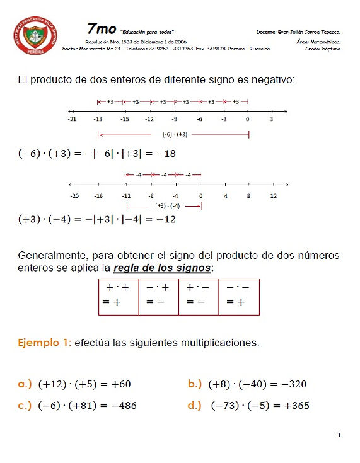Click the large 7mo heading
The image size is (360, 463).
tap(101, 29)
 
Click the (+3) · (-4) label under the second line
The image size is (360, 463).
tap(168, 205)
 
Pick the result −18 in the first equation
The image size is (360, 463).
tap(165, 154)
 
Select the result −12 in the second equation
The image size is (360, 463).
tap(165, 219)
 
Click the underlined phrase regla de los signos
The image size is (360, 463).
tap(163, 268)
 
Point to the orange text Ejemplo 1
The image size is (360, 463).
tap(45, 343)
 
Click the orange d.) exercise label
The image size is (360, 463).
tap(194, 405)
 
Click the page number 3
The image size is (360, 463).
tap(339, 435)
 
